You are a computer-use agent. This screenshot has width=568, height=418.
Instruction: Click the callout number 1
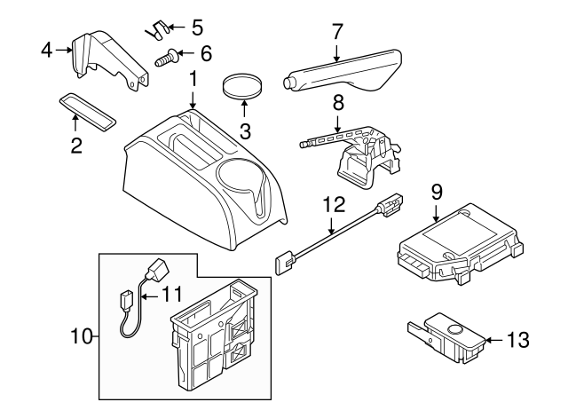coord(193,83)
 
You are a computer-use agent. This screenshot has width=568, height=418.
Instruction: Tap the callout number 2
coord(76,146)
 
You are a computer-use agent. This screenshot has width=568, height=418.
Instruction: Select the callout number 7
coord(337,30)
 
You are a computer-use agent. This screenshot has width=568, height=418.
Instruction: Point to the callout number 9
coord(437,191)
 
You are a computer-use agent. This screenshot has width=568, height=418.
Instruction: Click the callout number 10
coord(82,336)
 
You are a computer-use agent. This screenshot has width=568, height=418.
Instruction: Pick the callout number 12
coord(331,205)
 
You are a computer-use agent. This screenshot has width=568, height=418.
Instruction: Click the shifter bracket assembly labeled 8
coord(355,155)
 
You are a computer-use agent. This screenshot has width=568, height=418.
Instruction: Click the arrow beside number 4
coord(65,51)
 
